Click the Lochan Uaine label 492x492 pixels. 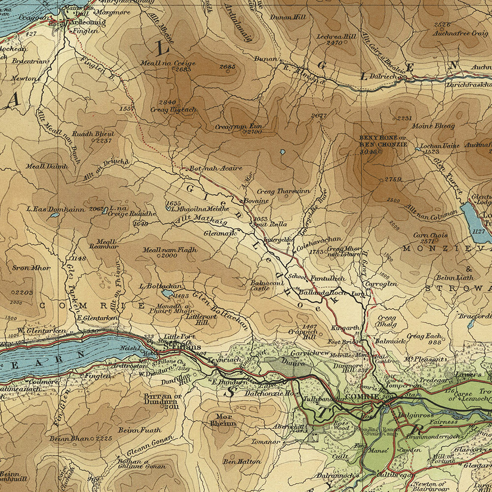(440, 146)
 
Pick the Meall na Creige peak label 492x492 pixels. (175, 63)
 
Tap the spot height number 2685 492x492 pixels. (228, 66)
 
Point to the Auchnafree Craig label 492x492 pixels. (460, 33)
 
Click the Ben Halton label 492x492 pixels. (235, 461)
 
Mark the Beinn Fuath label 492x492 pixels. (139, 430)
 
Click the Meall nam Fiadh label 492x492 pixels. (170, 250)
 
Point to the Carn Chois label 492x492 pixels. (430, 235)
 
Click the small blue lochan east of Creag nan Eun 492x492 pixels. (282, 152)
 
